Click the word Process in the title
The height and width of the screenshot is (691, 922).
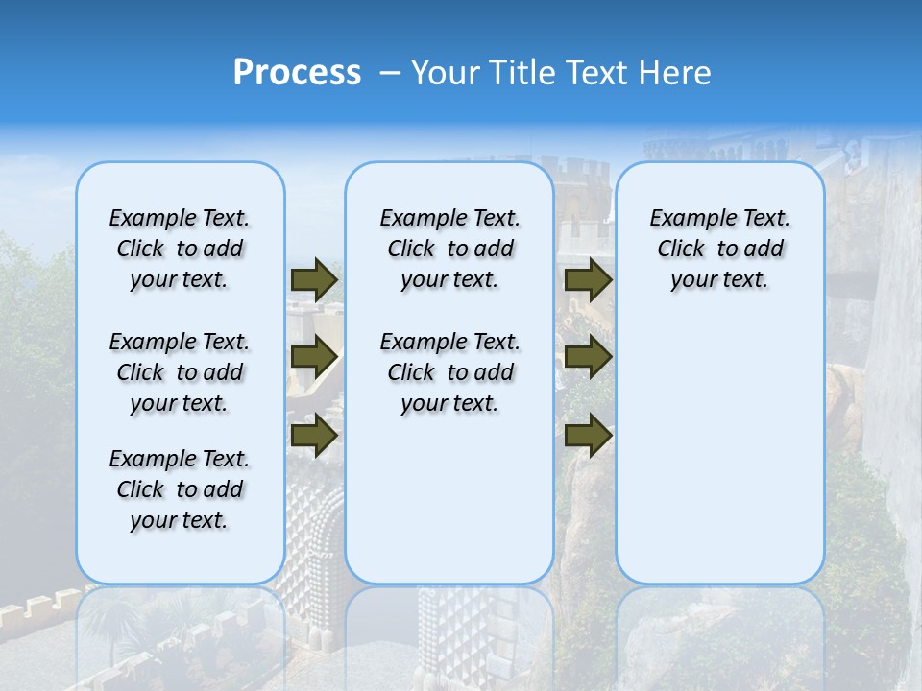[297, 72]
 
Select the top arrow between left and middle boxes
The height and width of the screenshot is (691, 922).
[314, 279]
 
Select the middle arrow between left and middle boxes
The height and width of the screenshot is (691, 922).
[314, 357]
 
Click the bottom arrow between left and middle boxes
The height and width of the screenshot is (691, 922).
[314, 435]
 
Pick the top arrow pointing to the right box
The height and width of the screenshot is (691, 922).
[588, 279]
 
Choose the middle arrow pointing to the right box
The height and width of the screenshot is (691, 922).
[588, 357]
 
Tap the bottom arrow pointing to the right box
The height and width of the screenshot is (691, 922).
[588, 435]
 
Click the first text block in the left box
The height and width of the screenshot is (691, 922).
[180, 250]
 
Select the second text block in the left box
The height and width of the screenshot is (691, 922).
[180, 372]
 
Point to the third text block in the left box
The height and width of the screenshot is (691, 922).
[180, 489]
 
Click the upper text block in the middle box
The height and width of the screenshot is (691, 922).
[449, 250]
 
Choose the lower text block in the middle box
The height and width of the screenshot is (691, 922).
[449, 372]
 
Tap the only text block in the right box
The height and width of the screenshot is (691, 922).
[719, 250]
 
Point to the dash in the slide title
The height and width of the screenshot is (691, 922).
[390, 73]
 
